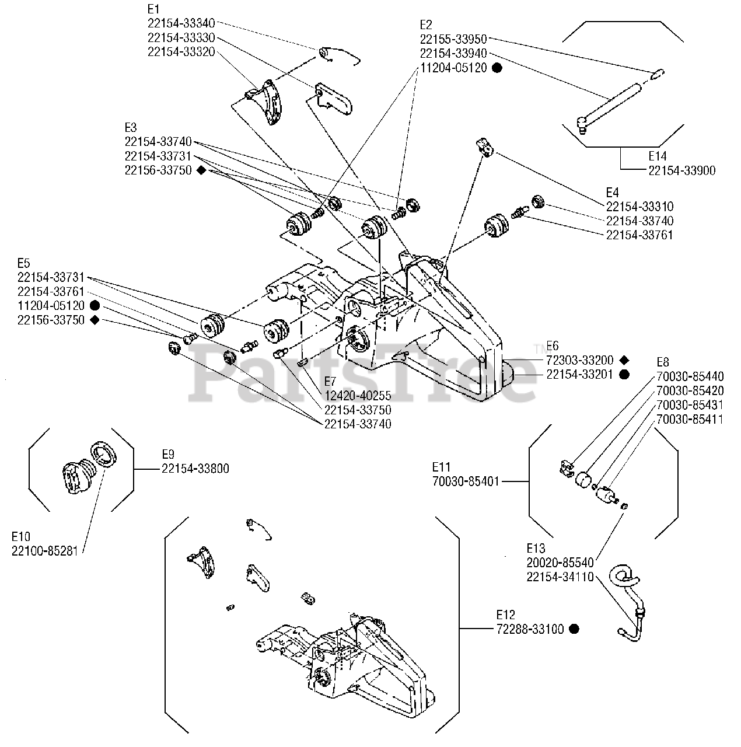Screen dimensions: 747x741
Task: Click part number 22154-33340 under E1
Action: (181, 23)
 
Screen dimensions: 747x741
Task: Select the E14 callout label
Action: (657, 156)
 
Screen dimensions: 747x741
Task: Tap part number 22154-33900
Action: (681, 170)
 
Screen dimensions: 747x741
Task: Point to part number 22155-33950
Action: (453, 39)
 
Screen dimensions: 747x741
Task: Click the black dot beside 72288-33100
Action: (574, 629)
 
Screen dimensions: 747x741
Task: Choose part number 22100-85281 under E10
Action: (45, 550)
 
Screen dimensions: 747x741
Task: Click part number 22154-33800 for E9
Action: (195, 469)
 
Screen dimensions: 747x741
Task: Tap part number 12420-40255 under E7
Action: (358, 396)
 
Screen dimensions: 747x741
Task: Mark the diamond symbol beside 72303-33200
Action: (624, 360)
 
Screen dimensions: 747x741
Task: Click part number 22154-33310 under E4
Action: (639, 207)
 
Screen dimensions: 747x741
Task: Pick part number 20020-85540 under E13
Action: (560, 563)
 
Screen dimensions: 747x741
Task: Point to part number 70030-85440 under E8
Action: (690, 376)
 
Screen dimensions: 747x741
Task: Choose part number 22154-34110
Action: (560, 577)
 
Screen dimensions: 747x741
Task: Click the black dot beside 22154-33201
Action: (624, 375)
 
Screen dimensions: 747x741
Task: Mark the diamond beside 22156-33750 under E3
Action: (201, 170)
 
